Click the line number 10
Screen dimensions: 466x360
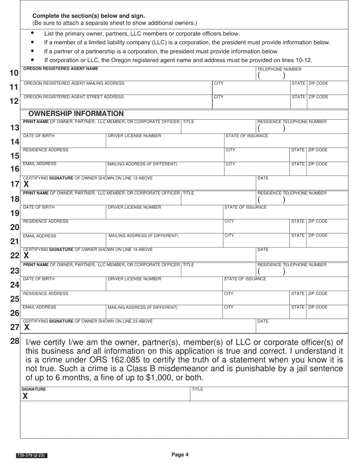click(14, 73)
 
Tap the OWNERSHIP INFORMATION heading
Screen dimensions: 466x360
click(76, 114)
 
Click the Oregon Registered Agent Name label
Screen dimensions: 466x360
click(61, 69)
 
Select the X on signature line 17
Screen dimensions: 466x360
click(26, 185)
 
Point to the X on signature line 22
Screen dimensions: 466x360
click(26, 256)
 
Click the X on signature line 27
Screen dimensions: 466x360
click(27, 327)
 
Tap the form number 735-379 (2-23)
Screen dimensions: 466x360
click(32, 455)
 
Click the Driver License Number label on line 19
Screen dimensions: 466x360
click(134, 207)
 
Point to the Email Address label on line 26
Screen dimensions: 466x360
click(39, 307)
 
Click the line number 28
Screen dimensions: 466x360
click(14, 341)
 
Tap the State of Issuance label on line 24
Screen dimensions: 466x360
click(245, 279)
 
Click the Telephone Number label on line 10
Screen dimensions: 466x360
click(279, 69)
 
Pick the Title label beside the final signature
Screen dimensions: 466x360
click(197, 389)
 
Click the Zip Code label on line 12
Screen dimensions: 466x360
click(318, 97)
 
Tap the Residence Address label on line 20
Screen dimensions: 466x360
click(45, 221)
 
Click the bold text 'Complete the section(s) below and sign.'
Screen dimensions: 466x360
click(88, 16)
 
